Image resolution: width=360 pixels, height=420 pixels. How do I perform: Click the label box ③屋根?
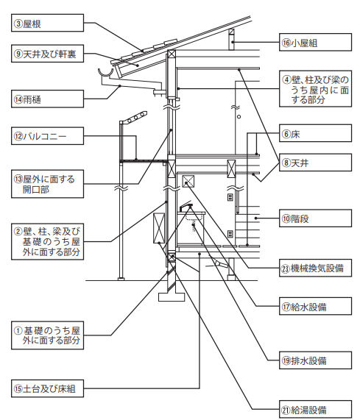[x=47, y=23]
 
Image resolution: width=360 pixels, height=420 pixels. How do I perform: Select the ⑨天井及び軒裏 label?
[x=47, y=54]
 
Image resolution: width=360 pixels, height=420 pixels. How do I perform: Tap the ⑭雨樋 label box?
[x=47, y=99]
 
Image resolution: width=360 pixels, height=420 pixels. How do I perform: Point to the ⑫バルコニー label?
[x=47, y=136]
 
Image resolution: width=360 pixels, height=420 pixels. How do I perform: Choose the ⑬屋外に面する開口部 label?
[x=47, y=184]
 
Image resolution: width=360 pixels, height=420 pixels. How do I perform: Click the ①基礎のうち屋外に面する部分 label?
[x=47, y=335]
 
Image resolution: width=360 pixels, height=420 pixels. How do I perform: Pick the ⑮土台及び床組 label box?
[x=47, y=388]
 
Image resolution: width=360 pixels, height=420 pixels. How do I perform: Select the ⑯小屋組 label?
[x=315, y=43]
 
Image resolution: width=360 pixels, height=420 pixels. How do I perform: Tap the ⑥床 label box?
[x=315, y=133]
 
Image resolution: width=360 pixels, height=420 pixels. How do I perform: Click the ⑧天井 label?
[x=315, y=163]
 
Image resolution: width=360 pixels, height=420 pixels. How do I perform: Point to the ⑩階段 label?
[x=315, y=218]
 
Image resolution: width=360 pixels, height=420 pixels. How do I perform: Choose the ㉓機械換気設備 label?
[x=315, y=268]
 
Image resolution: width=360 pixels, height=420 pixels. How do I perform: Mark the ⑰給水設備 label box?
[x=315, y=306]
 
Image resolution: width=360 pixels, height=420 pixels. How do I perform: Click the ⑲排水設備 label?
[x=315, y=360]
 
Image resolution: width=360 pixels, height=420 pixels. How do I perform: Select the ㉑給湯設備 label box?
[x=315, y=409]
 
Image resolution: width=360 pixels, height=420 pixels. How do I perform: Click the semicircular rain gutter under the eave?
[x=105, y=75]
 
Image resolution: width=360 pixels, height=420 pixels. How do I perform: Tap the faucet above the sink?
[x=186, y=206]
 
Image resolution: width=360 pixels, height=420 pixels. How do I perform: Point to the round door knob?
[x=239, y=117]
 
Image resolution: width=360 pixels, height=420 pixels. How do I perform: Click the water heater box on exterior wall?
[x=159, y=228]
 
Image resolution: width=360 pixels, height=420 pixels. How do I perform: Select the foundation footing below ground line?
[x=172, y=297]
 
